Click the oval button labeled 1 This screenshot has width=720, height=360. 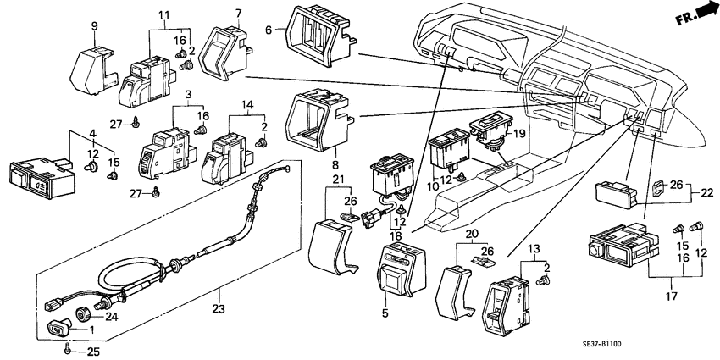(x=56, y=329)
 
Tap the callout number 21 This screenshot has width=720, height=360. (x=337, y=180)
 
